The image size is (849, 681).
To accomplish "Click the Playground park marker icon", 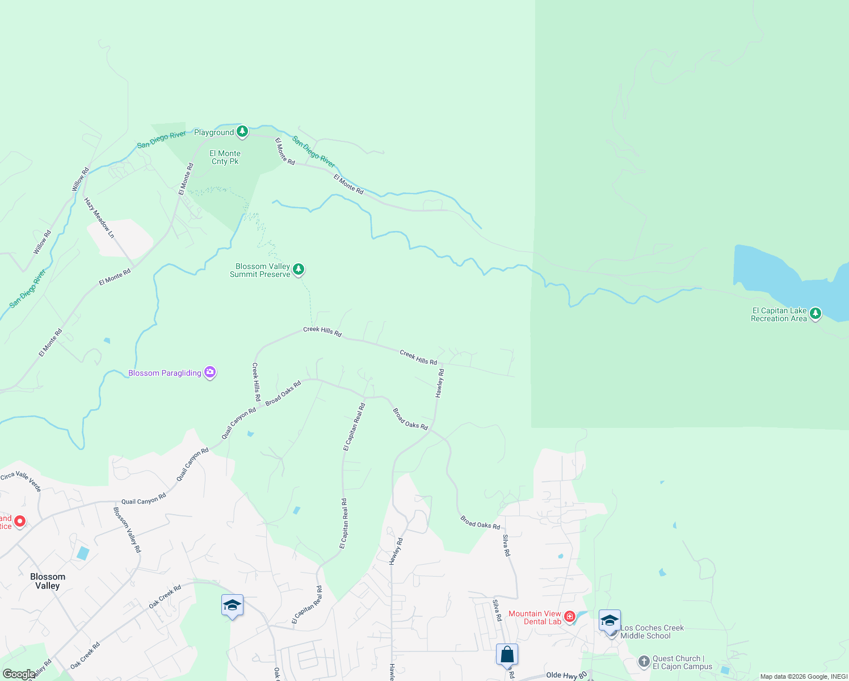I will click(x=242, y=132).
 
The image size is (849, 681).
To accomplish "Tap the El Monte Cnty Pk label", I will click(x=225, y=157).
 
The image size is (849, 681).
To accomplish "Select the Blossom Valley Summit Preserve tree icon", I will click(x=299, y=269).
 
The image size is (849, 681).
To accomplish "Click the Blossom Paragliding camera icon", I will click(x=211, y=372).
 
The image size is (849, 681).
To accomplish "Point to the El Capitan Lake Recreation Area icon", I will click(x=816, y=313).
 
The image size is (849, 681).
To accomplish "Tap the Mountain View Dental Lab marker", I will click(x=570, y=616).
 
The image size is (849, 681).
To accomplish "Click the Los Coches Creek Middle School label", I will click(x=652, y=632).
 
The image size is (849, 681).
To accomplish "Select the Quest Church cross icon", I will click(x=644, y=661).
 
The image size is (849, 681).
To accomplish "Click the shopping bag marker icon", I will click(x=507, y=654).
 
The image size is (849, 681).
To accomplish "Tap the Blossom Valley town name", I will click(x=48, y=581).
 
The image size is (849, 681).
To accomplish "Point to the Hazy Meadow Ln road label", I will click(x=99, y=217).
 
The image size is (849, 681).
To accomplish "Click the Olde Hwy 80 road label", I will click(x=566, y=675).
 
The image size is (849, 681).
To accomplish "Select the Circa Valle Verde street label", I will click(x=22, y=481).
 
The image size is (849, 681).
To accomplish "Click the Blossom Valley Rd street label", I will click(x=127, y=529).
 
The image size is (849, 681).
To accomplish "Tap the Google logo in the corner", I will click(x=18, y=674).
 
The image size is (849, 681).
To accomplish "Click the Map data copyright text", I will click(x=803, y=676).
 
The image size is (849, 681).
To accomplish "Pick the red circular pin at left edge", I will click(x=20, y=521).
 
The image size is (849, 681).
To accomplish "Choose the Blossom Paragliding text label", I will click(x=165, y=373).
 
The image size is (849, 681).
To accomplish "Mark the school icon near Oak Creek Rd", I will click(x=232, y=606).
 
